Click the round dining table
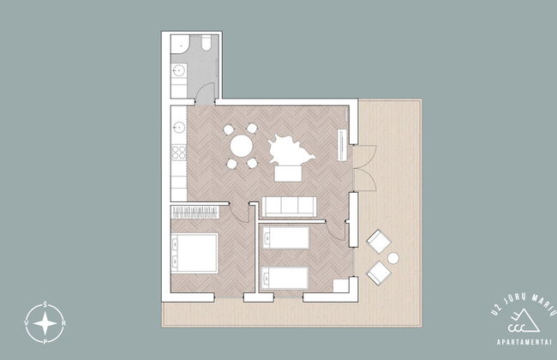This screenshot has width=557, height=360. (x=241, y=146)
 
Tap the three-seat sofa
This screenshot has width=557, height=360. (x=289, y=207)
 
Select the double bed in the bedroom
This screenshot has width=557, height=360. (x=195, y=253)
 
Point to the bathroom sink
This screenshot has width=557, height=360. (x=179, y=70)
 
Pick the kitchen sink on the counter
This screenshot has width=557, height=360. (x=179, y=127)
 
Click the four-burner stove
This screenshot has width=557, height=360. (x=179, y=153)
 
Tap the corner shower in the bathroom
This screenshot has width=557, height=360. (x=180, y=44)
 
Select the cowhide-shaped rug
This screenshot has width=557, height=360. (x=290, y=150)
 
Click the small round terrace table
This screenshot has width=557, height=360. (x=392, y=258)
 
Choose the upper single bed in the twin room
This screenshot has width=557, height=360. (x=285, y=237)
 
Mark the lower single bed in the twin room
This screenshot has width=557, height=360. (x=284, y=278)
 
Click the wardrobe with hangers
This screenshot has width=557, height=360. (x=195, y=213)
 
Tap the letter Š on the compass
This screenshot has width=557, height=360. (x=45, y=304)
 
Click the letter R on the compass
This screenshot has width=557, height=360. (x=63, y=323)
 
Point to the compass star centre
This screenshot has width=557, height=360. (x=45, y=324)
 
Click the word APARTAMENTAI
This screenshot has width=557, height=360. (x=524, y=343)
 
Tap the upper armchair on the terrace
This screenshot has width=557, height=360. (x=379, y=242)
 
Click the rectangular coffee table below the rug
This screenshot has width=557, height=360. (x=288, y=174)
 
